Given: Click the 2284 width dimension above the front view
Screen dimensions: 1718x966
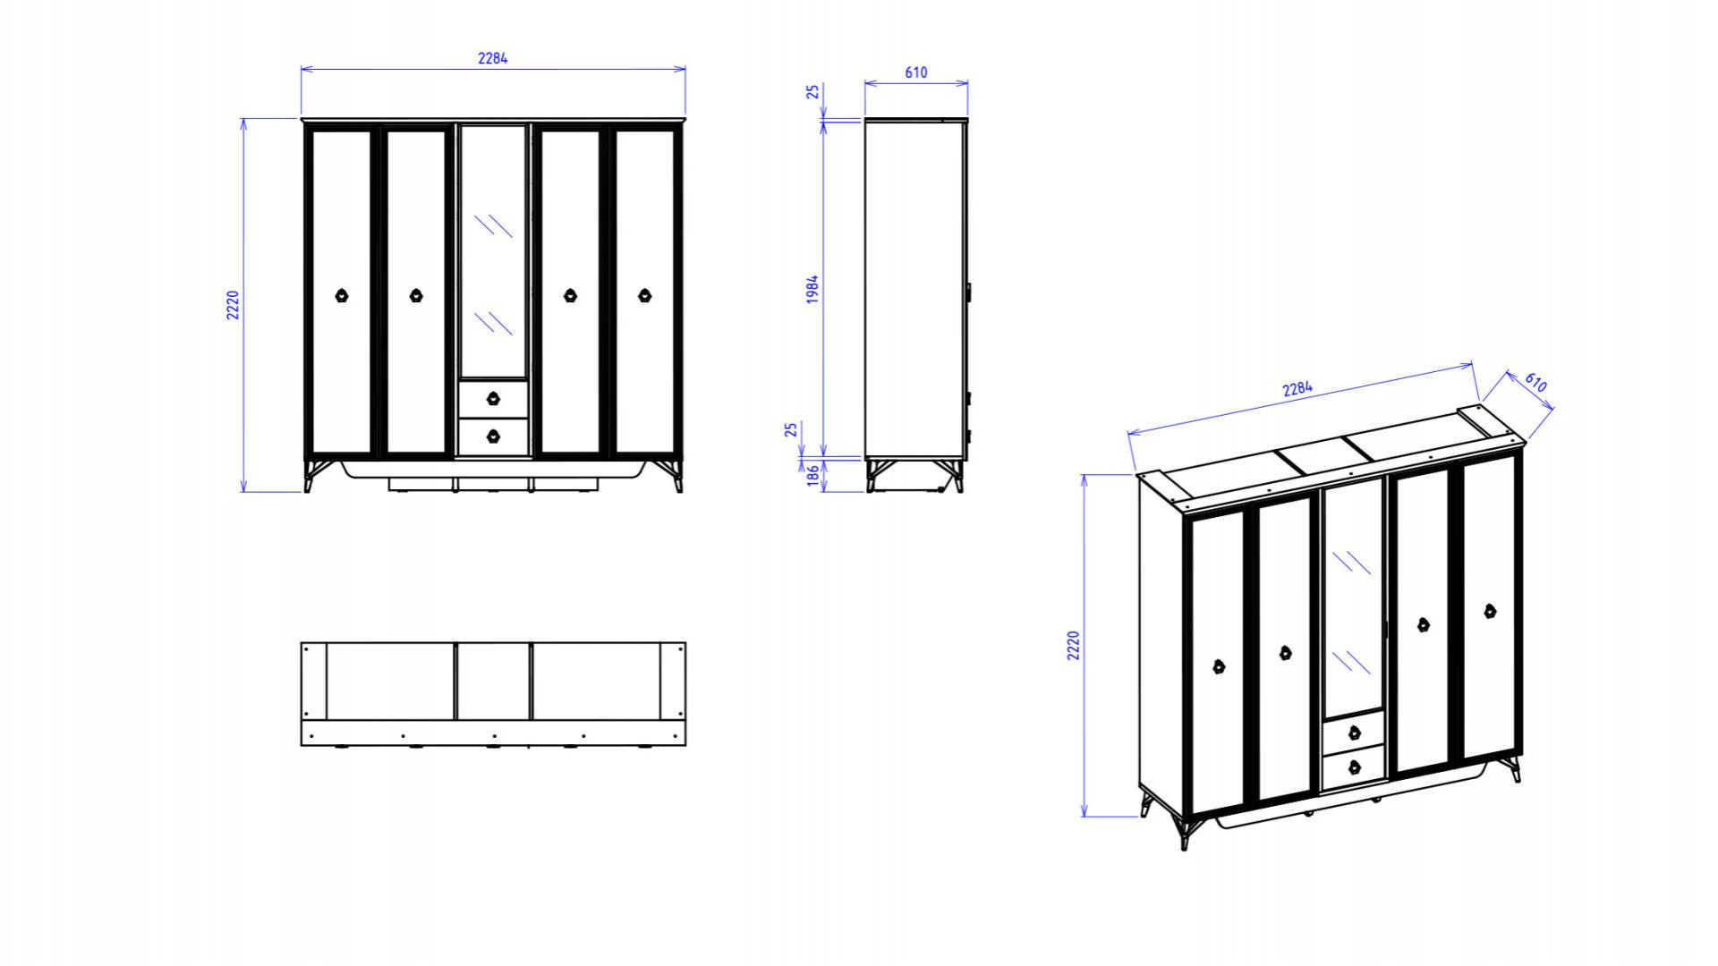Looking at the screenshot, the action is point(492,58).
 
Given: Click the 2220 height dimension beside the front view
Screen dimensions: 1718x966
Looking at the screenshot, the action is point(233,305).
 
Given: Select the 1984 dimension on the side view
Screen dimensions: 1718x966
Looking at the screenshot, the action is point(812,290).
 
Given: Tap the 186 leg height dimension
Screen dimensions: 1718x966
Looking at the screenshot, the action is point(812,475).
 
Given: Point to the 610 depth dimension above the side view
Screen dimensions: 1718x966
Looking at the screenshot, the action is point(916,72).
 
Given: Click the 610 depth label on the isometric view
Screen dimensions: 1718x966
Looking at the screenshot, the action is point(1535,382).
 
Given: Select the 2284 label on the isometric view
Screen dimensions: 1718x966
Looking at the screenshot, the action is point(1297,388).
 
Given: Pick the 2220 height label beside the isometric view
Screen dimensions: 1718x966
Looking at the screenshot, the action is point(1074,646).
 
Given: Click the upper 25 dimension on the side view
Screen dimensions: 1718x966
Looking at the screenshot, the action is point(812,91).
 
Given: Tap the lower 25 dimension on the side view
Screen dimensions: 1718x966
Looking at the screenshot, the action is point(791,430).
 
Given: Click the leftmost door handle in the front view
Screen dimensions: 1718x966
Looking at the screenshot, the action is point(342,295).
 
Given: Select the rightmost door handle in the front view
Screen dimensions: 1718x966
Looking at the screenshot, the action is point(645,295).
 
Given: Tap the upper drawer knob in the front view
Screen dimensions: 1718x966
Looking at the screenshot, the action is point(493,398).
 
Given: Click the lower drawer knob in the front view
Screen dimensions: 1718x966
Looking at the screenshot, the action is point(493,436).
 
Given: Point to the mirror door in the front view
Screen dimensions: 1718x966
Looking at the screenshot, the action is point(493,251).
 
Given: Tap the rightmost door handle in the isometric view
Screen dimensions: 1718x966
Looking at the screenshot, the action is point(1490,612).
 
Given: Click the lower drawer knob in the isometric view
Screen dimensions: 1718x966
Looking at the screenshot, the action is point(1354,767).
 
